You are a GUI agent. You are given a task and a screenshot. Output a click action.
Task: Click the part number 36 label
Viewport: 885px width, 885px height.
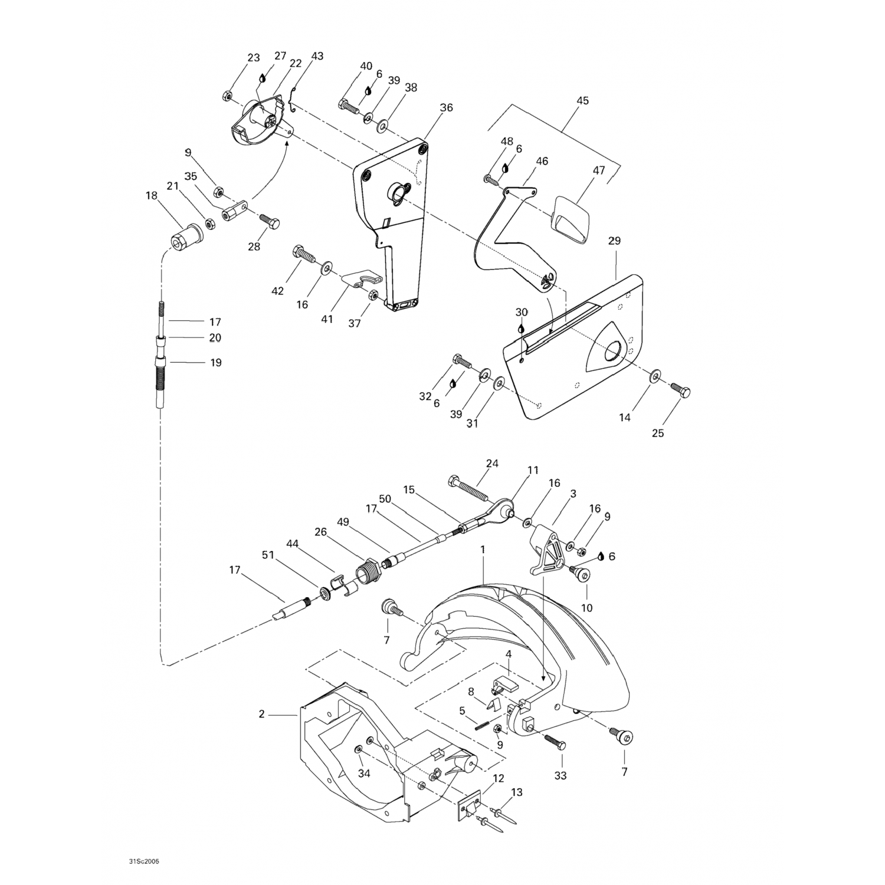(446, 107)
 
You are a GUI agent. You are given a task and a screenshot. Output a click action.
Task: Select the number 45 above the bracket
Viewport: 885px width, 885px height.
(582, 100)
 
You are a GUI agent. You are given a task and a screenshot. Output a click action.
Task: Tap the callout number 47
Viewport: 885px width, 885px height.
(599, 171)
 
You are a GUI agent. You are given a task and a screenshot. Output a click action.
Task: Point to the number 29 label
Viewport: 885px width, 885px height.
(614, 241)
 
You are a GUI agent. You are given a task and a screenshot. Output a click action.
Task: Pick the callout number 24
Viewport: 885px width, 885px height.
(492, 463)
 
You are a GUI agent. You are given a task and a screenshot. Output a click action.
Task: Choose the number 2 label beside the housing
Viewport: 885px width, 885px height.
(261, 714)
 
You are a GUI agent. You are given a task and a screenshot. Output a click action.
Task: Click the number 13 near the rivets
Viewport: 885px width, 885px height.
(517, 792)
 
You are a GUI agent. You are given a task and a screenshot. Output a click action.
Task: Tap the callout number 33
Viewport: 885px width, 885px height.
(560, 775)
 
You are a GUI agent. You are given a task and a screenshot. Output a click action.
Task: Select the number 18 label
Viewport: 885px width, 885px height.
(152, 195)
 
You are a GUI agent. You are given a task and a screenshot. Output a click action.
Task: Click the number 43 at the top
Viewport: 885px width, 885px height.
(317, 56)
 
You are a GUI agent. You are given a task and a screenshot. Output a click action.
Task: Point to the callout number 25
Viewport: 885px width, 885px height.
(658, 433)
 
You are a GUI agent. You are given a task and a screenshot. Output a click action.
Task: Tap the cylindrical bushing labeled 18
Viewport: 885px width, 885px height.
(186, 239)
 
